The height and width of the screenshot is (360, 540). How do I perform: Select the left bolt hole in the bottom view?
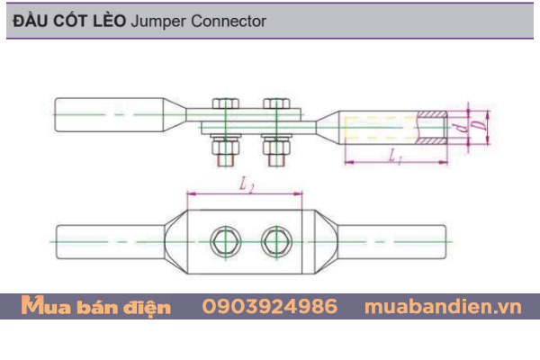[223, 240]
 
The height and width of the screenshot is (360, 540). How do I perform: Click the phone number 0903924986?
[270, 307]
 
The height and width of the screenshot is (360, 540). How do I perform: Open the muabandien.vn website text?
[443, 307]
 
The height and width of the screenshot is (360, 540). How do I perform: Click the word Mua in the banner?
[42, 307]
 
